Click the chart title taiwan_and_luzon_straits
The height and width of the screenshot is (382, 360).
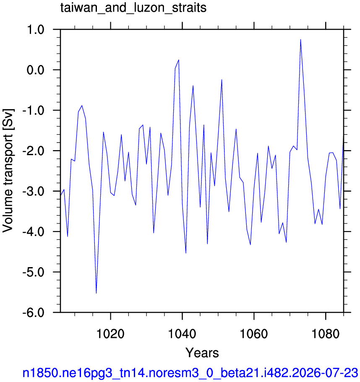tap(133, 8)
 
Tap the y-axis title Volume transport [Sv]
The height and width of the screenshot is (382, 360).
tap(8, 171)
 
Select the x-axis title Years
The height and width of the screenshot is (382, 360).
tap(202, 353)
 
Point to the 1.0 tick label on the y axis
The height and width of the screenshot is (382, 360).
tap(35, 30)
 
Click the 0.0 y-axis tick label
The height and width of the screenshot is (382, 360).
tap(35, 70)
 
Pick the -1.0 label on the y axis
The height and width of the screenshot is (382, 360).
tap(33, 111)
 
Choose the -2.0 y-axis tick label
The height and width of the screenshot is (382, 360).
tap(33, 151)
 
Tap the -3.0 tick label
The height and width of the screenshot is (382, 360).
tap(33, 192)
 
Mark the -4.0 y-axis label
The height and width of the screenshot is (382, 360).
tap(33, 232)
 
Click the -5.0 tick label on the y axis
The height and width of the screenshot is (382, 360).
tap(33, 273)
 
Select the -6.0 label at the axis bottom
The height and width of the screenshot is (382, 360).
tap(33, 313)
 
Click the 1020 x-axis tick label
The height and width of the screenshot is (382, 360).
tap(110, 334)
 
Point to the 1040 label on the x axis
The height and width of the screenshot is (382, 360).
tap(182, 334)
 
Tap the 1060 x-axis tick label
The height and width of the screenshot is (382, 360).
tap(254, 334)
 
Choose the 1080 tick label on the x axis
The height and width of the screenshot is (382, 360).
tap(326, 334)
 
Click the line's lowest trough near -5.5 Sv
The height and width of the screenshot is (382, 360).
tap(96, 294)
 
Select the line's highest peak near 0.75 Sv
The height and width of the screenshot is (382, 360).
tap(300, 39)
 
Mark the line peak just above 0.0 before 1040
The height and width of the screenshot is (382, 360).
tap(179, 60)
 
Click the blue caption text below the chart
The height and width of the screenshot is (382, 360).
tap(190, 373)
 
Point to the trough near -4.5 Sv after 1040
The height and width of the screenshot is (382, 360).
tap(186, 253)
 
